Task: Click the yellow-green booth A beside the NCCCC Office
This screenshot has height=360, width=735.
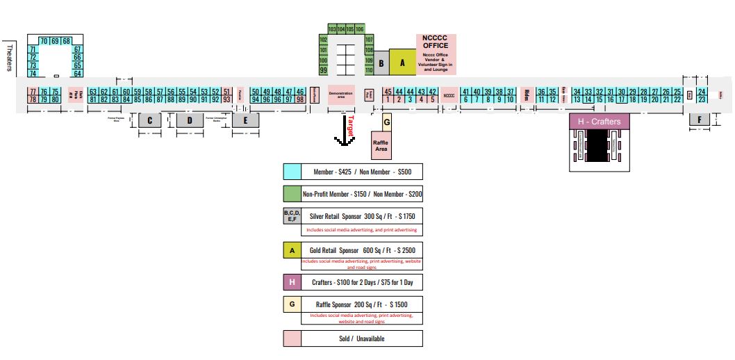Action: coord(402,62)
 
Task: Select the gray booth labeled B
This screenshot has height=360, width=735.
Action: coord(381,63)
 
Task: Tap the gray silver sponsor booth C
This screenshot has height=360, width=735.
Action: coord(149,120)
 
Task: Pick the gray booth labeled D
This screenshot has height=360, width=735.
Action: coord(189,120)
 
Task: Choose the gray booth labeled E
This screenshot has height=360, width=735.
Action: coord(245,120)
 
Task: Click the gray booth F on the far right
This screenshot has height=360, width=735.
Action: coord(699,120)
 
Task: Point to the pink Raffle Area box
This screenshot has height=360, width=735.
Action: coord(380,145)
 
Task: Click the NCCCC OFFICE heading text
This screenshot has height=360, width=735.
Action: coord(436,42)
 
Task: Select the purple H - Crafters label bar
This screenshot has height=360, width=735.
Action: coord(599,122)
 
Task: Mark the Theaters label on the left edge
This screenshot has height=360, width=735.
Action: coord(10,57)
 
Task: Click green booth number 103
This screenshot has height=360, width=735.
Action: coord(332,29)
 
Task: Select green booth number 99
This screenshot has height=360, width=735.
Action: coord(323,70)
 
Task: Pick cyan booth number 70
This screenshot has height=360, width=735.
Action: coord(44,41)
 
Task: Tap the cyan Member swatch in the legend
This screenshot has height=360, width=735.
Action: coord(292,172)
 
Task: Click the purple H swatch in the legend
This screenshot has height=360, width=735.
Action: coord(292,283)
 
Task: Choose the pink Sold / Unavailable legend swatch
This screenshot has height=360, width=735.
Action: coord(292,338)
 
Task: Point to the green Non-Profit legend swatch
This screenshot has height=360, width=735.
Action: coord(292,194)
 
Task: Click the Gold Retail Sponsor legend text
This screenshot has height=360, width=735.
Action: coord(363,249)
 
